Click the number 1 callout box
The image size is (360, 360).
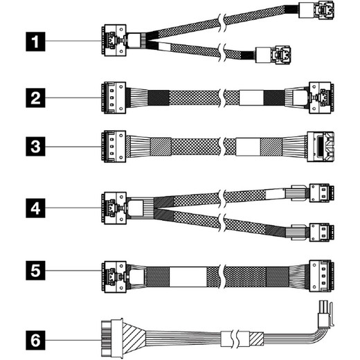pyautogui.click(x=35, y=42)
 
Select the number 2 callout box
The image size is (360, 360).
pyautogui.click(x=35, y=98)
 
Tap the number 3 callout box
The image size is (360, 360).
pyautogui.click(x=35, y=147)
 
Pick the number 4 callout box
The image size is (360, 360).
pyautogui.click(x=35, y=208)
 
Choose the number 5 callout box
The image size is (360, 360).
pyautogui.click(x=35, y=271)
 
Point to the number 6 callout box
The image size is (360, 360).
pyautogui.click(x=35, y=340)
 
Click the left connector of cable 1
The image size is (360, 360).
pyautogui.click(x=114, y=40)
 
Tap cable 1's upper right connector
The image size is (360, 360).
pyautogui.click(x=316, y=10)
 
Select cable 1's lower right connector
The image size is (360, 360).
pyautogui.click(x=273, y=55)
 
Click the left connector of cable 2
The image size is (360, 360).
pyautogui.click(x=114, y=98)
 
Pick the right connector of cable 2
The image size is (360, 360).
pyautogui.click(x=321, y=98)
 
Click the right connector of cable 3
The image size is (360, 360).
pyautogui.click(x=321, y=147)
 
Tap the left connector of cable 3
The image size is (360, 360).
pyautogui.click(x=114, y=147)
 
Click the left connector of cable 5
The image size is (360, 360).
pyautogui.click(x=114, y=277)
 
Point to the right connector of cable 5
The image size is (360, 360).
pyautogui.click(x=322, y=276)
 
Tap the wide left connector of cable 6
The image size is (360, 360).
pyautogui.click(x=112, y=338)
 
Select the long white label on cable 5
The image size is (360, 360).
pyautogui.click(x=188, y=277)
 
